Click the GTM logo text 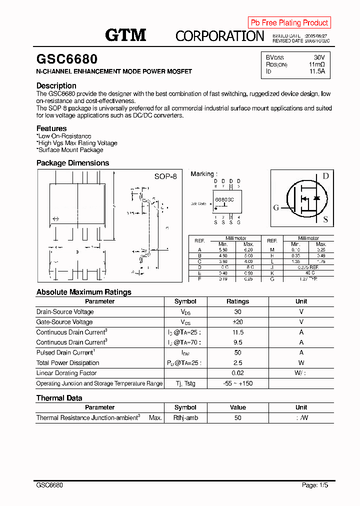coord(125,35)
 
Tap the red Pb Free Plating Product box coord(289,22)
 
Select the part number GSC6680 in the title coord(67,59)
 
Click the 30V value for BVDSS coord(319,57)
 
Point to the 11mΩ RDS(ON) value coord(316,64)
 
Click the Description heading coord(56,85)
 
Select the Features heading coord(51,128)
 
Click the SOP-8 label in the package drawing coord(165,176)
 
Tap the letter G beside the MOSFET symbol coord(276,208)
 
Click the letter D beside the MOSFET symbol coord(325,176)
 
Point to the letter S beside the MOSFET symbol coord(325,219)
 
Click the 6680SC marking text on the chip coord(224,199)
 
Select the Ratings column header coord(237,301)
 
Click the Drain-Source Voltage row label coord(65,312)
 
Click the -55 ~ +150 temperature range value coord(237,383)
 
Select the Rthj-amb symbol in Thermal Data coord(185,417)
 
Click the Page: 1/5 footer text coord(315,485)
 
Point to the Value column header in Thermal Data coord(237,407)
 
